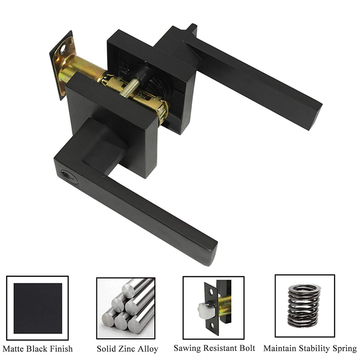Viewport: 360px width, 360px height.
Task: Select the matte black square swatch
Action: click(37, 308)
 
